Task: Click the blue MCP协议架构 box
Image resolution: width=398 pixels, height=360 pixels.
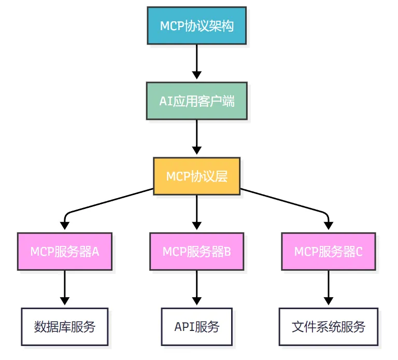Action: (x=197, y=25)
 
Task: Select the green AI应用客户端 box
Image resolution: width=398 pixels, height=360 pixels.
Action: (x=197, y=101)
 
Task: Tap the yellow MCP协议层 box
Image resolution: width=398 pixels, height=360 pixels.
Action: (x=197, y=176)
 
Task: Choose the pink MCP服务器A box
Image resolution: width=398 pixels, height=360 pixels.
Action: (x=65, y=251)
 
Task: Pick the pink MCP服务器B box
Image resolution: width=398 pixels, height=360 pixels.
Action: (x=197, y=251)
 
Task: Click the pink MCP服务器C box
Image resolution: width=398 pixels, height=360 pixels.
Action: (x=329, y=251)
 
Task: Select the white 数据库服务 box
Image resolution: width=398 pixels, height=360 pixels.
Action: (x=65, y=327)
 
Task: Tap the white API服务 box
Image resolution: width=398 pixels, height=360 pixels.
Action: (x=197, y=327)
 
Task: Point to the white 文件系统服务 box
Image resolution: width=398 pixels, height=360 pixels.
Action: (x=329, y=327)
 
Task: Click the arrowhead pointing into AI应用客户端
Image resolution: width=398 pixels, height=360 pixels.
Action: (x=197, y=75)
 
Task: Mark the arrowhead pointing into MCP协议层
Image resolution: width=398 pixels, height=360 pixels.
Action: (x=197, y=150)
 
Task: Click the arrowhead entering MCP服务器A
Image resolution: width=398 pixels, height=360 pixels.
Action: (x=65, y=226)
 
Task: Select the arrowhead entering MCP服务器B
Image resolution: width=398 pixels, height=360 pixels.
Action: (x=197, y=226)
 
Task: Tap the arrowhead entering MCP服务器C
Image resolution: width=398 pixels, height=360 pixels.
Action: (x=329, y=226)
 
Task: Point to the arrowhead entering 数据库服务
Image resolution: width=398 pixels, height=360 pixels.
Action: (x=65, y=301)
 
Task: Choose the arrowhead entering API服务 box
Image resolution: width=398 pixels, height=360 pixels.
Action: (x=197, y=301)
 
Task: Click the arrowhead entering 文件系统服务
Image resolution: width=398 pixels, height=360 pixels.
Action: (x=329, y=301)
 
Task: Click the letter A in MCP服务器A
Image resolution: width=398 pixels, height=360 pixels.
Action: (x=95, y=252)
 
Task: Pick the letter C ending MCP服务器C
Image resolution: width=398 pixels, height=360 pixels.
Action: (x=359, y=252)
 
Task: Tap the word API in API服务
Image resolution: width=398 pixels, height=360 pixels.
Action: (x=184, y=327)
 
